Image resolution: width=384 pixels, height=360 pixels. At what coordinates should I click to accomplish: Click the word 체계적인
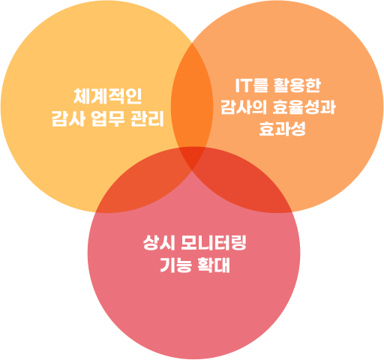click(108, 96)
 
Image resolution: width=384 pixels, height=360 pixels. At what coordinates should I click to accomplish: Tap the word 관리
click(147, 118)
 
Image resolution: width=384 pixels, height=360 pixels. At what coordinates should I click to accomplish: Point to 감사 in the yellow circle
click(68, 118)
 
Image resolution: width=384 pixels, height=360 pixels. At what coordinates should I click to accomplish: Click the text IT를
click(251, 85)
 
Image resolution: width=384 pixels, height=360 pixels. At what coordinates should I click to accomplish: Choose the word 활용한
click(297, 85)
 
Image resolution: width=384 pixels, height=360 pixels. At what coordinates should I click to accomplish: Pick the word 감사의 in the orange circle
click(244, 107)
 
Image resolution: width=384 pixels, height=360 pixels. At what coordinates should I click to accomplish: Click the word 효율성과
click(304, 107)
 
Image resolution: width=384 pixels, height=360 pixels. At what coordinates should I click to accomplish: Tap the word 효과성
click(282, 128)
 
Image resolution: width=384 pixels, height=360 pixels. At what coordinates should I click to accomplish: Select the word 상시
click(159, 242)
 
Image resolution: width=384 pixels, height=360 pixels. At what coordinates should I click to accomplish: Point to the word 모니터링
click(214, 242)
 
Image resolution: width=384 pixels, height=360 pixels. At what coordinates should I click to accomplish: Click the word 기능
click(175, 265)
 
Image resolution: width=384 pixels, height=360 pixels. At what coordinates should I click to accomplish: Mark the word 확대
click(214, 265)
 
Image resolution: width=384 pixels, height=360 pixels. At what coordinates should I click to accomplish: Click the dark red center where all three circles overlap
click(192, 157)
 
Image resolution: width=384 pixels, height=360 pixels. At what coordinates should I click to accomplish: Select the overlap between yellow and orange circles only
click(192, 100)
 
